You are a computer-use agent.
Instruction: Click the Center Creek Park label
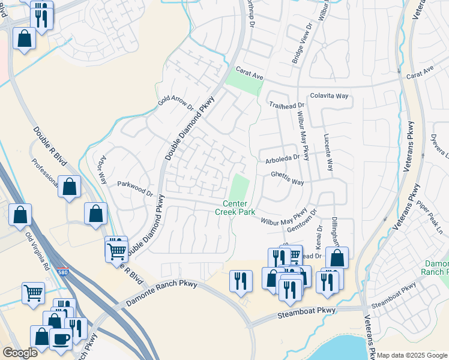tap(235, 208)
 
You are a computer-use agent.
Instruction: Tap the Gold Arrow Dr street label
tap(176, 106)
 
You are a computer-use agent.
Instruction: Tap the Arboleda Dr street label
tap(282, 158)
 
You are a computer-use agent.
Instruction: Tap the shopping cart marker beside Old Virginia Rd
tap(33, 293)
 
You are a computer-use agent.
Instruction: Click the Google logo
tap(20, 353)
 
